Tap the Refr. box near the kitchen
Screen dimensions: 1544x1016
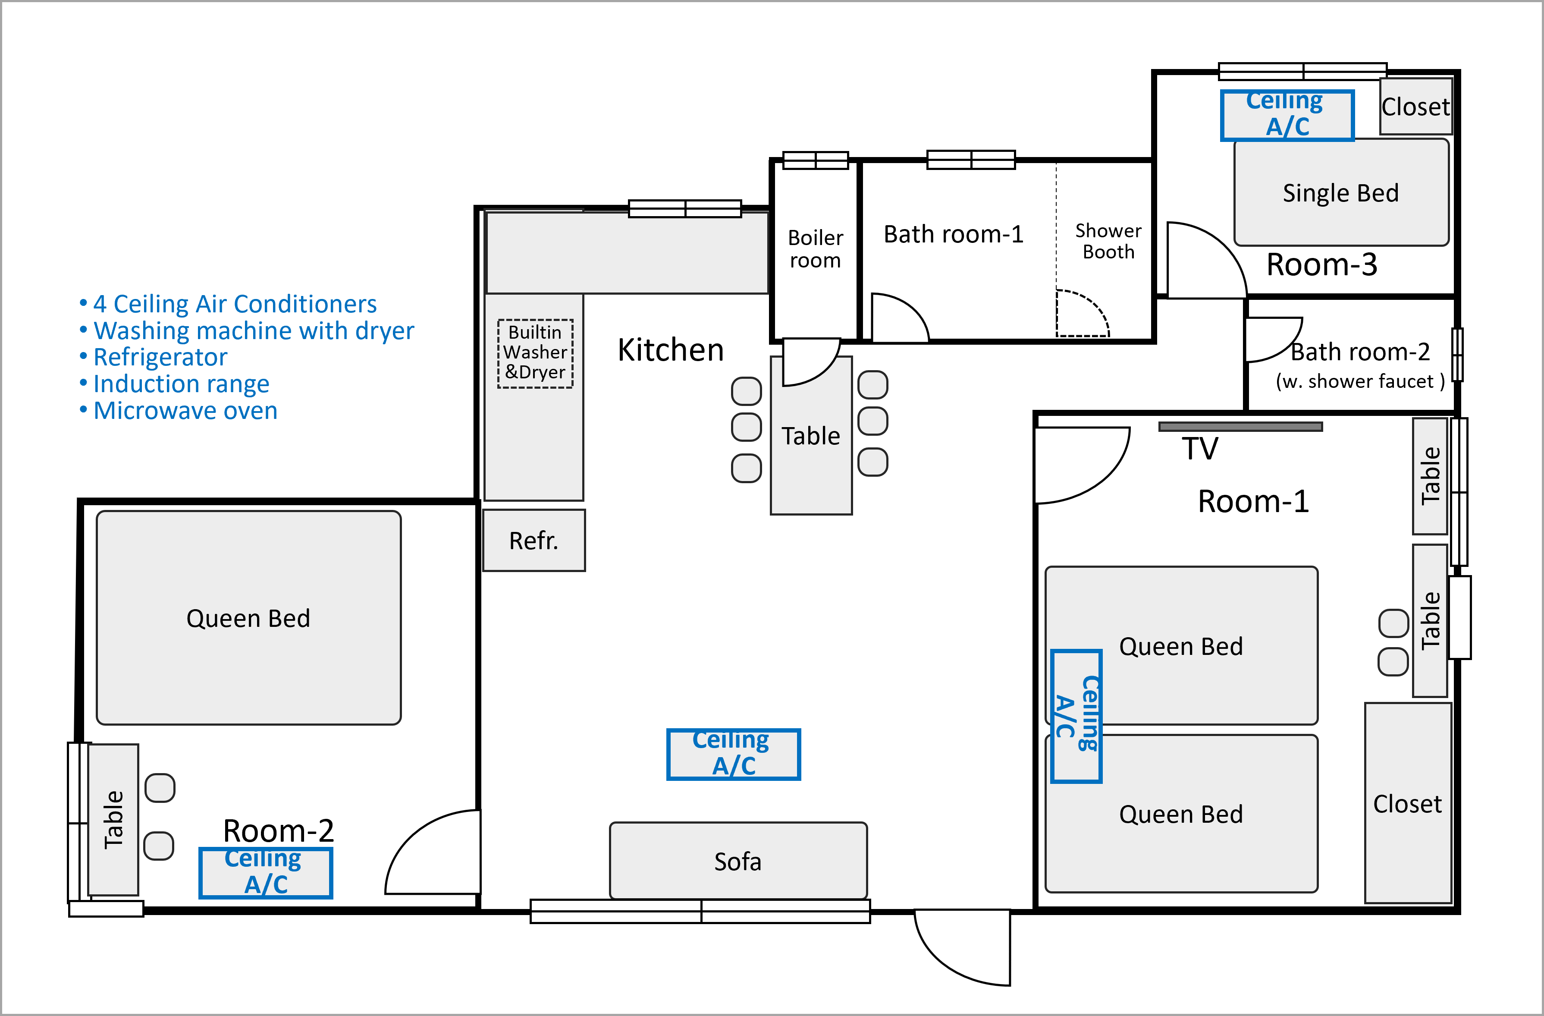(x=534, y=540)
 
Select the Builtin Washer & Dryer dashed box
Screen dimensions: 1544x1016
(x=535, y=354)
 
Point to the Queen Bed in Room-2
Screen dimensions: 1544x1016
(x=248, y=618)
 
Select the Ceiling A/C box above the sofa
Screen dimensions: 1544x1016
(x=733, y=754)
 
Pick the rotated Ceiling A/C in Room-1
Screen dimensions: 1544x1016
(x=1076, y=716)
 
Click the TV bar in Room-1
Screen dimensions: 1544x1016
(x=1240, y=426)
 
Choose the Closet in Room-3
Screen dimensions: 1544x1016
(x=1415, y=107)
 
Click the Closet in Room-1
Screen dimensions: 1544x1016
(x=1408, y=803)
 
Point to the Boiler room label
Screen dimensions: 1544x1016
(x=816, y=248)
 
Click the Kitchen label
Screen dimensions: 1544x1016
(x=670, y=350)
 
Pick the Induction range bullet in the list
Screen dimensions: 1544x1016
(x=175, y=384)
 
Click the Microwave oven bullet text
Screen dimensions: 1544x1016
(x=179, y=411)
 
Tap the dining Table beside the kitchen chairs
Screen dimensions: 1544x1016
(x=811, y=435)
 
